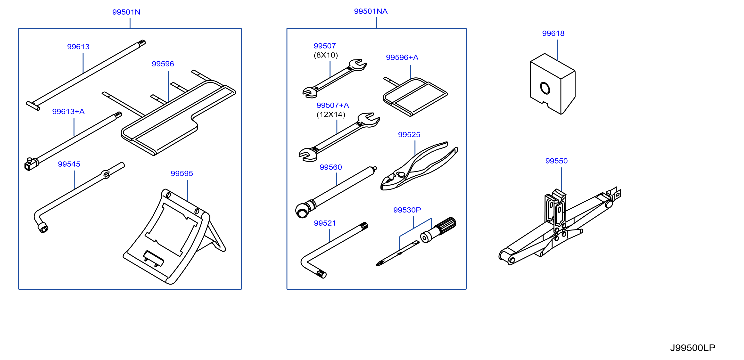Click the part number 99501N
126,12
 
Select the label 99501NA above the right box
371,11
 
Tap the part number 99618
553,33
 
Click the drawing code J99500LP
693,348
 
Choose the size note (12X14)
331,114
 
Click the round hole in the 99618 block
545,88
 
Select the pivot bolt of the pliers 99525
401,174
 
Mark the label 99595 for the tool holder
182,173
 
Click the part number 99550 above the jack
556,161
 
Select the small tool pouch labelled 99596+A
415,97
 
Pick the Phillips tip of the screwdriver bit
378,264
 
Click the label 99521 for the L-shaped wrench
325,223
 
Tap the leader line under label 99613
83,63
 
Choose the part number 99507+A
332,105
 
